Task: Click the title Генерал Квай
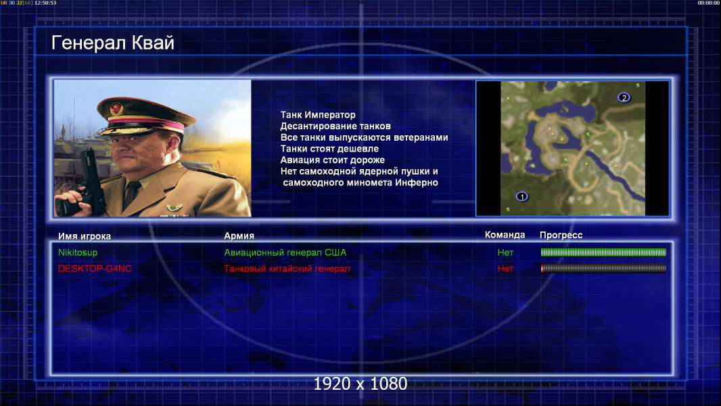[113, 43]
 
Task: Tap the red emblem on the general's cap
[116, 108]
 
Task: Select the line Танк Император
[318, 115]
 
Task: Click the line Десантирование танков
[335, 126]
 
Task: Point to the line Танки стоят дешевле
[329, 148]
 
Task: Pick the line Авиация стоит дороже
[333, 160]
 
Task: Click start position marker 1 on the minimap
[521, 196]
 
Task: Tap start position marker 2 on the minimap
[624, 97]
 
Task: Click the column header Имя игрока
[84, 236]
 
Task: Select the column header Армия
[239, 236]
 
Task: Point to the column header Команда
[505, 235]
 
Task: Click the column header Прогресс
[561, 235]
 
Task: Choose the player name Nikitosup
[78, 252]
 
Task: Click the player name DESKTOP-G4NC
[95, 269]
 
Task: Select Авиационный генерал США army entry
[285, 252]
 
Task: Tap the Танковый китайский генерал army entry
[287, 269]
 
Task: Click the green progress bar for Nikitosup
[603, 252]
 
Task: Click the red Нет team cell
[505, 269]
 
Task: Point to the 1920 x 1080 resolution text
[360, 384]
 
